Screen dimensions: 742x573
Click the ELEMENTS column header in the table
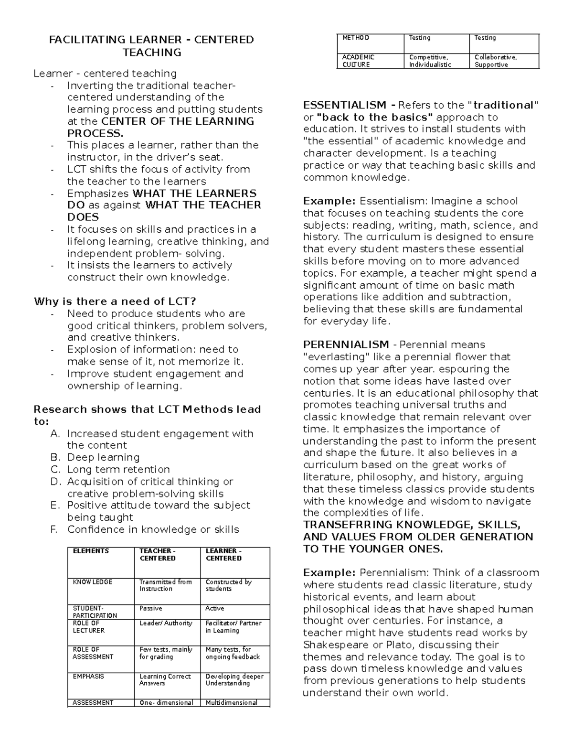(x=91, y=551)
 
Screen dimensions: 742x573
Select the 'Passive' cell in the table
(x=150, y=608)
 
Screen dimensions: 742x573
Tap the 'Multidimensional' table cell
(x=231, y=702)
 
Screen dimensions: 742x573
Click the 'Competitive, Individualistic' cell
(x=430, y=61)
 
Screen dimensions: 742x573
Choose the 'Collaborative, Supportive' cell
(x=495, y=61)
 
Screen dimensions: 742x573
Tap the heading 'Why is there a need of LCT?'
(x=115, y=301)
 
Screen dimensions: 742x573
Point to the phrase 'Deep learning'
(x=103, y=457)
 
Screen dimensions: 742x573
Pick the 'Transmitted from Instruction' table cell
(x=165, y=585)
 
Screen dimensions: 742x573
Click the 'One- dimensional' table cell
(x=166, y=702)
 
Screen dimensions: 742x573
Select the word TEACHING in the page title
(x=152, y=52)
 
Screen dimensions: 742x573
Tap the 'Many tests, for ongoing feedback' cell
(x=233, y=653)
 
